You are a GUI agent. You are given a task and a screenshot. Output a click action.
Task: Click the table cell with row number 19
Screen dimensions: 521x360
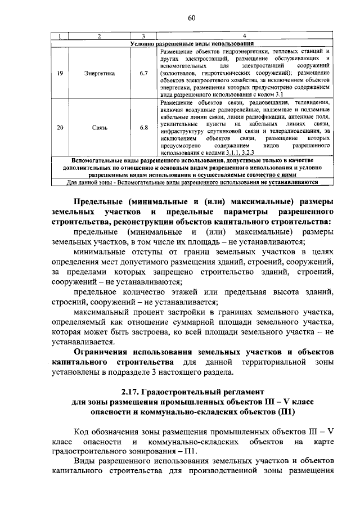(x=60, y=73)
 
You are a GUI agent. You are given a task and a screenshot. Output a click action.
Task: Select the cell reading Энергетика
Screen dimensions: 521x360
(x=99, y=73)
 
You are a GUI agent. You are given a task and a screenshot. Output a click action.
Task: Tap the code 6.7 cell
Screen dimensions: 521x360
(x=144, y=73)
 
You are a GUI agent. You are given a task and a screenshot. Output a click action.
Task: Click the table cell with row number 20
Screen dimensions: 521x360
(x=60, y=127)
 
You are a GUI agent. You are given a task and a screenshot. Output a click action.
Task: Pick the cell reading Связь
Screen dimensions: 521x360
(x=99, y=127)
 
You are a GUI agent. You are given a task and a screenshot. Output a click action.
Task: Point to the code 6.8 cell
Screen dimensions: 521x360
(x=144, y=127)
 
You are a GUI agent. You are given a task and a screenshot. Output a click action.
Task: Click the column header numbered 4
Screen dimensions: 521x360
(x=244, y=37)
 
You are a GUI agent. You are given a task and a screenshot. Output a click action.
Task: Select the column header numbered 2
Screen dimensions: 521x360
(x=99, y=37)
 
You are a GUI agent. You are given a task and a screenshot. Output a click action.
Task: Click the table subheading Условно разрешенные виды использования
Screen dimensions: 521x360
(x=191, y=43)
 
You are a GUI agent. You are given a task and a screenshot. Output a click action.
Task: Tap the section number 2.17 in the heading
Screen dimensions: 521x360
(x=130, y=390)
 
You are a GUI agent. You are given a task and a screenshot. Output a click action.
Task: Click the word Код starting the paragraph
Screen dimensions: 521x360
(x=83, y=432)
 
